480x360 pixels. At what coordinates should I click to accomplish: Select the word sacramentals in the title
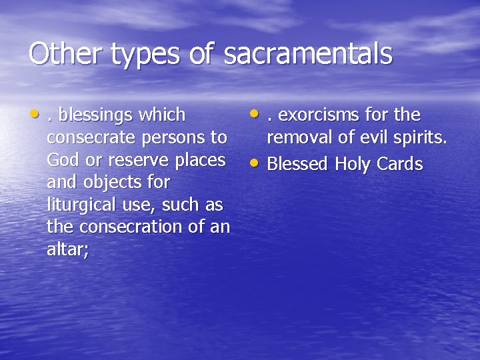coord(308,54)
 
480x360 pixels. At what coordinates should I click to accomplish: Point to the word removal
coord(301,138)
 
